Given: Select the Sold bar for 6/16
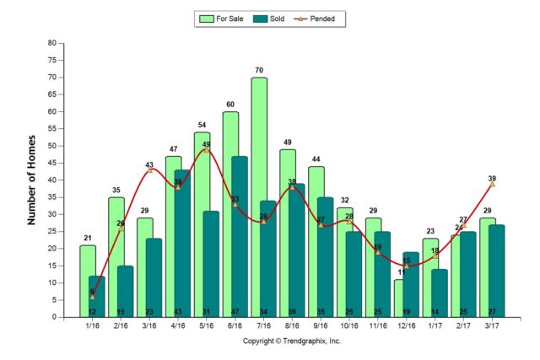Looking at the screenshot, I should (240, 236).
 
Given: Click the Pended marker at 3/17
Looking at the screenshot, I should (493, 184).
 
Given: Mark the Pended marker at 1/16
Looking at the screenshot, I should (92, 297).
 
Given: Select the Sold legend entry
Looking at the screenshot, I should (273, 18).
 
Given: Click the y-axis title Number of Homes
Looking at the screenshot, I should (32, 180).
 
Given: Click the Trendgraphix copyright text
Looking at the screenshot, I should (292, 341).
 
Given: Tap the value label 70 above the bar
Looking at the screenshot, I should (259, 71).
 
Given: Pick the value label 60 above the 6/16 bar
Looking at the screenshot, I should (230, 105).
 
